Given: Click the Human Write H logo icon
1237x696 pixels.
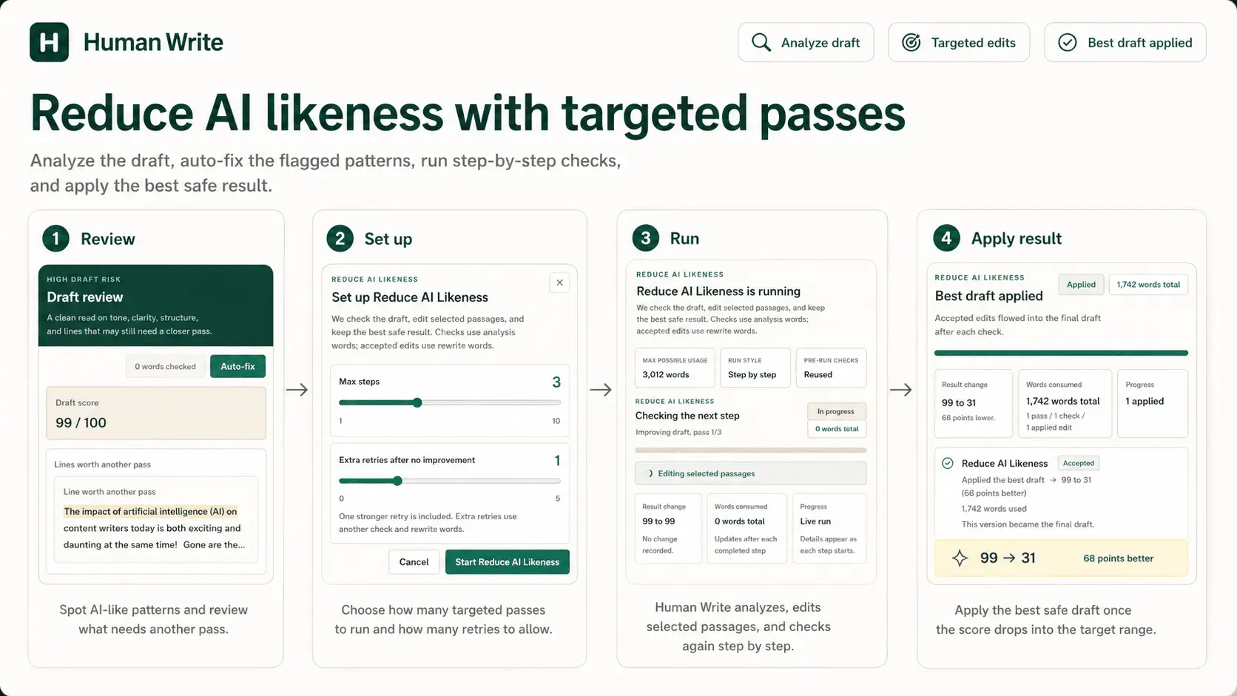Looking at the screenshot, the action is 49,42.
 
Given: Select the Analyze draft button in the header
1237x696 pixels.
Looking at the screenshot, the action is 806,42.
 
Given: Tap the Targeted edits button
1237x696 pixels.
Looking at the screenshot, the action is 959,42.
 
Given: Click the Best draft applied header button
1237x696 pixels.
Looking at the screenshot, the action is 1125,42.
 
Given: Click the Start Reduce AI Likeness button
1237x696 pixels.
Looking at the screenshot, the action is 507,562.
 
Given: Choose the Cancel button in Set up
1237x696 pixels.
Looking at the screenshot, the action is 414,562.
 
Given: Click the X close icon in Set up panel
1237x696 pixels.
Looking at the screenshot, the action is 559,283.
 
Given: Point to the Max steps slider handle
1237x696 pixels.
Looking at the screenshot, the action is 417,403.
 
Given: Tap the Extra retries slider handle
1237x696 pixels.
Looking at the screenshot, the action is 397,481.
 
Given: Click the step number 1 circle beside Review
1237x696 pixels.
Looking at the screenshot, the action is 55,239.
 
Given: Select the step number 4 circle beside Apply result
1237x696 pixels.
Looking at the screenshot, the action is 946,238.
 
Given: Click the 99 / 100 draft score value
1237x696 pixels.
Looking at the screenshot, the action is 81,423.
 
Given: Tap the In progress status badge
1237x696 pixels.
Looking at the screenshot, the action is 835,411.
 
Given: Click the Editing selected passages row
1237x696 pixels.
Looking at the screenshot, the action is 750,473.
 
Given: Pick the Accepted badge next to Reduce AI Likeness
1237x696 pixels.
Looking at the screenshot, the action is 1078,463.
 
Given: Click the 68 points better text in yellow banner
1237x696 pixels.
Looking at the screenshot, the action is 1119,558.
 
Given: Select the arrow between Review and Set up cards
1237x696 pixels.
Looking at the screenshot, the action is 297,390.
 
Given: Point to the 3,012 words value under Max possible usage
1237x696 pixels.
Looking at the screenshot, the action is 665,375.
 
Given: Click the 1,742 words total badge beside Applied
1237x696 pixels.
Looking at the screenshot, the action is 1148,285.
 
